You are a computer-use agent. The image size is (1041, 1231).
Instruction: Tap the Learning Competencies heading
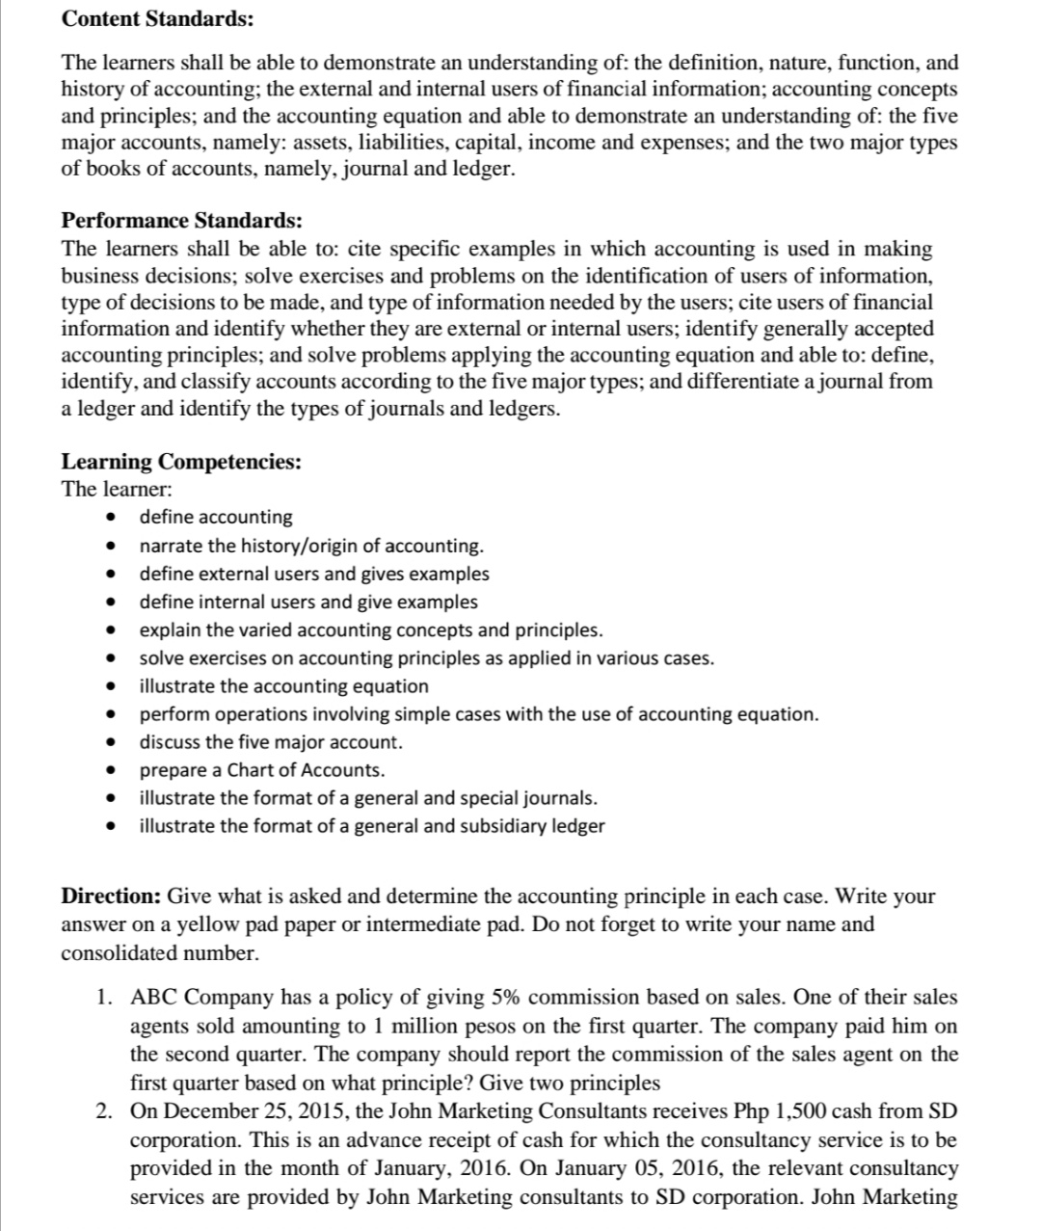[181, 462]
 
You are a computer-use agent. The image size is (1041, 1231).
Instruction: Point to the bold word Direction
[111, 896]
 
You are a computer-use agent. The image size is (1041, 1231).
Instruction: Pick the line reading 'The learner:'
[103, 489]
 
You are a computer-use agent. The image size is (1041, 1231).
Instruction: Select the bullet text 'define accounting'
[216, 518]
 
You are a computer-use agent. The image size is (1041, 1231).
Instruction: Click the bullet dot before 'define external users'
[114, 575]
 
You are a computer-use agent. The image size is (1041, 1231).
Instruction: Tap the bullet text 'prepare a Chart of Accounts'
[261, 770]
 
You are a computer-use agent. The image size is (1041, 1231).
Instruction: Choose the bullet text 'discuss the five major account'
[271, 742]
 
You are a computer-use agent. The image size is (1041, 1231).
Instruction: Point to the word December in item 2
[216, 1111]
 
